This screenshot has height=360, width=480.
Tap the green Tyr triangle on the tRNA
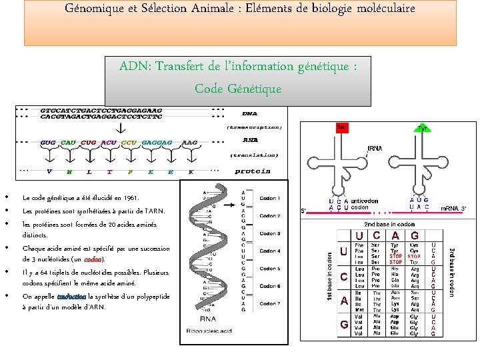click(x=422, y=128)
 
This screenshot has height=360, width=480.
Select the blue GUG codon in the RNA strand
click(x=48, y=143)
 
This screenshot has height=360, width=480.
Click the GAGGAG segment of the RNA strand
click(x=157, y=143)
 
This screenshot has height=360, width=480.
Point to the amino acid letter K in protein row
click(x=191, y=171)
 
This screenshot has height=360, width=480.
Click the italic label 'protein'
click(x=252, y=171)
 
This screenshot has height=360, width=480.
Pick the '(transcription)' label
click(x=254, y=127)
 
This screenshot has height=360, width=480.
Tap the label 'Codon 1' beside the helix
click(x=269, y=199)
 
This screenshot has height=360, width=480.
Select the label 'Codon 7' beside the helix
click(x=269, y=303)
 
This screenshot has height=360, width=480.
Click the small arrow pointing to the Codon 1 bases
click(x=249, y=199)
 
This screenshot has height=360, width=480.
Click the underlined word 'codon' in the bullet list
click(x=93, y=259)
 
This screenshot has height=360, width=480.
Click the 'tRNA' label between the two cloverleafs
click(x=375, y=148)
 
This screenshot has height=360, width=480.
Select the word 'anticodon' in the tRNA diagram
click(x=365, y=200)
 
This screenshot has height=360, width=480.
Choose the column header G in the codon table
click(x=414, y=235)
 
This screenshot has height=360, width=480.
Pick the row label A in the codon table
click(x=344, y=301)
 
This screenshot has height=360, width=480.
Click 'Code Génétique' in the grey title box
click(x=238, y=89)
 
